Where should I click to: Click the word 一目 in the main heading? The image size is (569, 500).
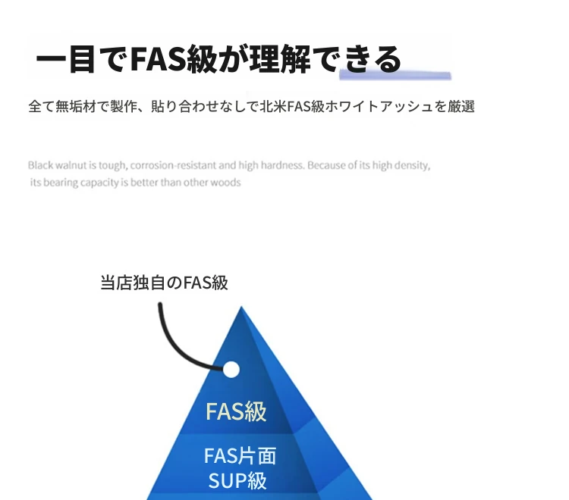pos(65,59)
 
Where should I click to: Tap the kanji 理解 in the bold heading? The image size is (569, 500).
pos(279,58)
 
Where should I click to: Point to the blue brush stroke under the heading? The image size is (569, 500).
pos(395,75)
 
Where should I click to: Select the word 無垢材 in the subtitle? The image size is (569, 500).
pos(76,107)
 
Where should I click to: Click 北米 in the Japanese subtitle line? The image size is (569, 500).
pos(273,107)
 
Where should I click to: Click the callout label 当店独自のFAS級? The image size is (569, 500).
pos(164,283)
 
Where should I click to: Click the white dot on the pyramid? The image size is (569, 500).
pos(231,369)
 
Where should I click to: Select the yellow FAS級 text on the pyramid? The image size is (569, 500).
pos(236,411)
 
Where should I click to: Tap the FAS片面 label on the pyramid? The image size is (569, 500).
pos(240,456)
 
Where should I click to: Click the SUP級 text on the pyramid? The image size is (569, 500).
pos(237,480)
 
